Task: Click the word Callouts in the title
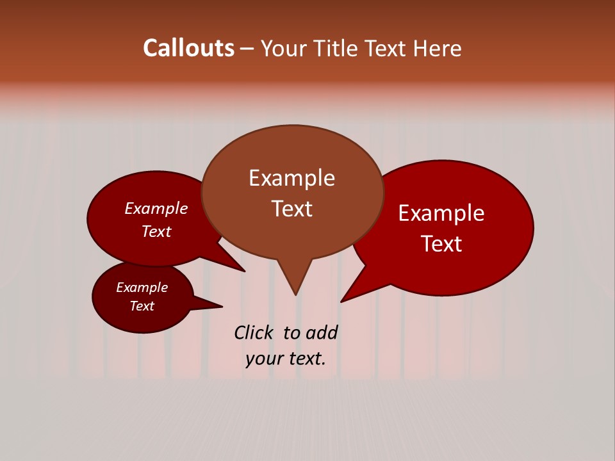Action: point(188,48)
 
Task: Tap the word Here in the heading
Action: point(438,49)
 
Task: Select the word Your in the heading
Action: point(284,49)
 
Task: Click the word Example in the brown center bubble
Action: point(291,178)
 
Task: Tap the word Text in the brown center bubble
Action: point(291,209)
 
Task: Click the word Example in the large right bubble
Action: point(441,213)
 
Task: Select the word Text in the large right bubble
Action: point(441,244)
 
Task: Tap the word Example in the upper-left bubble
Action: point(156,209)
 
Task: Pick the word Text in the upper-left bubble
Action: point(156,232)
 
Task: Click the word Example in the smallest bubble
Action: point(142,287)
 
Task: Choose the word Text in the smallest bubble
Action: point(142,306)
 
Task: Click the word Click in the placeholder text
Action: point(255,333)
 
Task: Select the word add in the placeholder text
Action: point(322,333)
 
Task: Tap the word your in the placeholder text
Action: point(263,359)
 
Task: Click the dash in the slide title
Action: point(248,49)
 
